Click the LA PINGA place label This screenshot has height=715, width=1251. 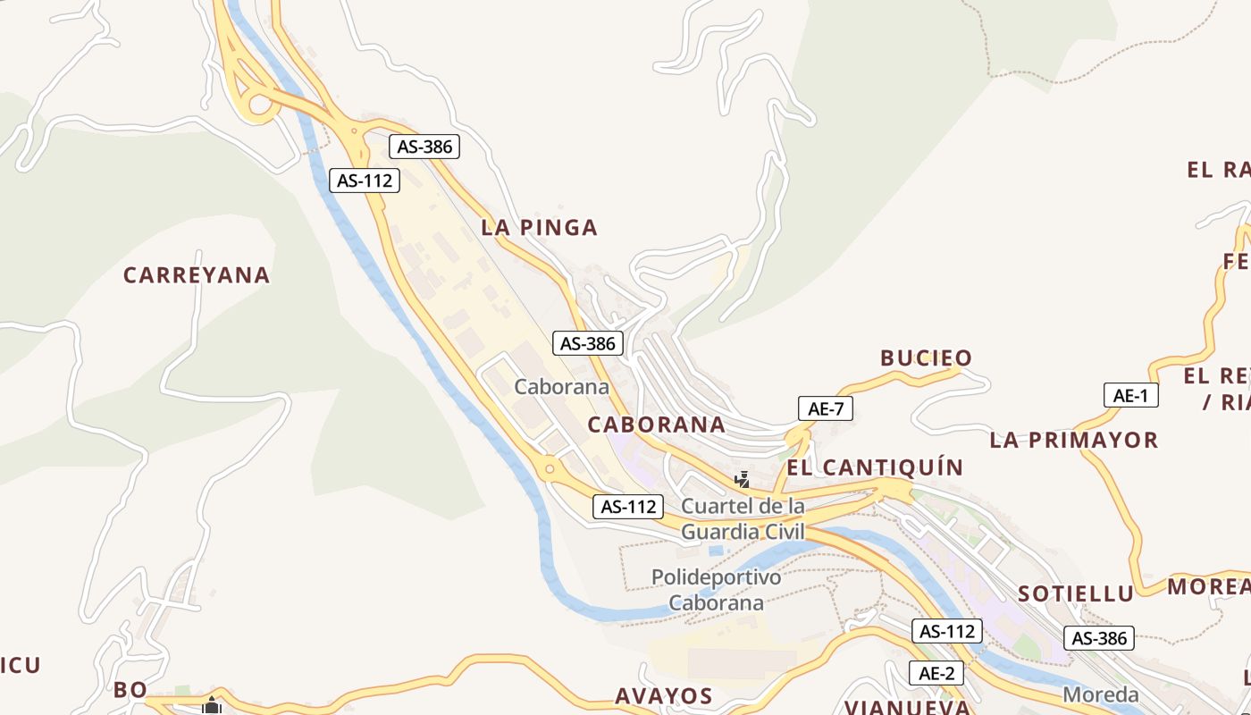(539, 228)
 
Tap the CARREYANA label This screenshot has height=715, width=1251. (197, 275)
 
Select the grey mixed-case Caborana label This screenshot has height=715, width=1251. (561, 387)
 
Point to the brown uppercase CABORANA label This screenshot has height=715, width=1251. (656, 425)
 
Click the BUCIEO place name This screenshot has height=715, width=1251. (926, 358)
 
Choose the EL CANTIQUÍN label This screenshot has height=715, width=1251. (875, 467)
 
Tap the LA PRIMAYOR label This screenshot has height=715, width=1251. (1073, 440)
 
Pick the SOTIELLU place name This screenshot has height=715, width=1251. (1076, 593)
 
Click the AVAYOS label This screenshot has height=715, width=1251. (663, 696)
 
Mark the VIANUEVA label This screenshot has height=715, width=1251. (907, 707)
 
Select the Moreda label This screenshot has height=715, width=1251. (1101, 694)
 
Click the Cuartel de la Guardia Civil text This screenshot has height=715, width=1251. (743, 519)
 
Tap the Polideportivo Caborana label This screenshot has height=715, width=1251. (716, 590)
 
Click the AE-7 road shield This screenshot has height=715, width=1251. (826, 409)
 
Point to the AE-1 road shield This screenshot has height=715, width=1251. (1130, 395)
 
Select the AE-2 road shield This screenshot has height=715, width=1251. (936, 673)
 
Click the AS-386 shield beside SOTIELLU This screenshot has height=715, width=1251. (1099, 638)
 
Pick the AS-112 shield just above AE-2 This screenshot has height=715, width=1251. (947, 631)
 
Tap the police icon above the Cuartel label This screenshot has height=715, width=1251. (741, 480)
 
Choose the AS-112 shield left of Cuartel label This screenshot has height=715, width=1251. (629, 507)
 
